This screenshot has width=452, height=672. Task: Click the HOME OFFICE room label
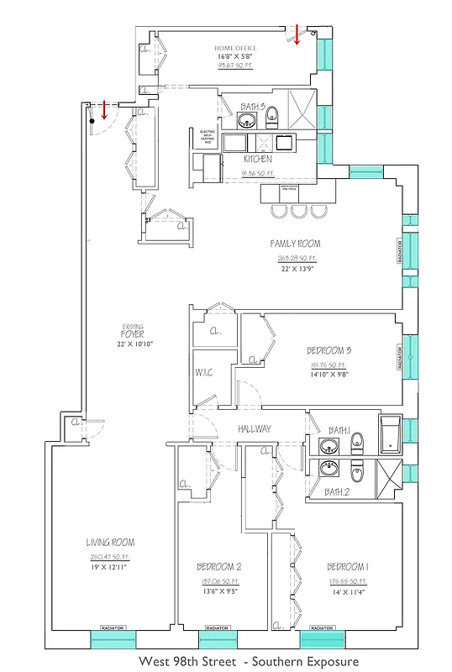236,49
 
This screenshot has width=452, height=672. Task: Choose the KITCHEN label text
257,159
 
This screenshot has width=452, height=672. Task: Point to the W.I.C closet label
204,372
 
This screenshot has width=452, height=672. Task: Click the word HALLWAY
254,428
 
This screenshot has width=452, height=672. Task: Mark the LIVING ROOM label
110,543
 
